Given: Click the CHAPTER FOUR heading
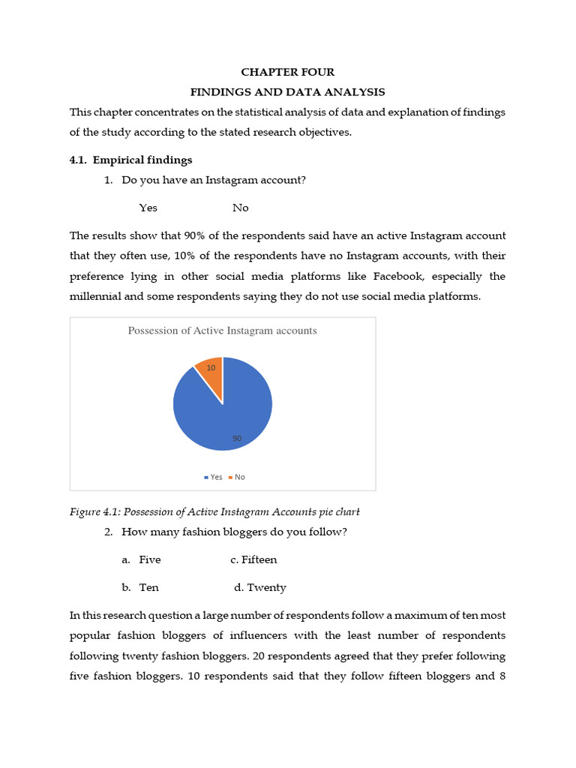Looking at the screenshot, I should [287, 72].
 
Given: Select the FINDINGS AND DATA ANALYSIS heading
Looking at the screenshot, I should [287, 92].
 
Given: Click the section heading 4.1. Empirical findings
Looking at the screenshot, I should [131, 160].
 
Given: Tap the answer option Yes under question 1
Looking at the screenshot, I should [148, 208].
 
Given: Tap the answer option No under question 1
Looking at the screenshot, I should [240, 208].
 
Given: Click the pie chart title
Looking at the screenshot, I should [223, 331].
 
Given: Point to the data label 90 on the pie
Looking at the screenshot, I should [237, 438].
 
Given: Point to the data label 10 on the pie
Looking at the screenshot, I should [211, 367].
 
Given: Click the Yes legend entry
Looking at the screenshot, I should [214, 477].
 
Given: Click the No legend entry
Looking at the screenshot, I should [237, 477].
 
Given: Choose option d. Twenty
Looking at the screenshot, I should [259, 587].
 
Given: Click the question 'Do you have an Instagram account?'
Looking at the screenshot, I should [213, 180].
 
